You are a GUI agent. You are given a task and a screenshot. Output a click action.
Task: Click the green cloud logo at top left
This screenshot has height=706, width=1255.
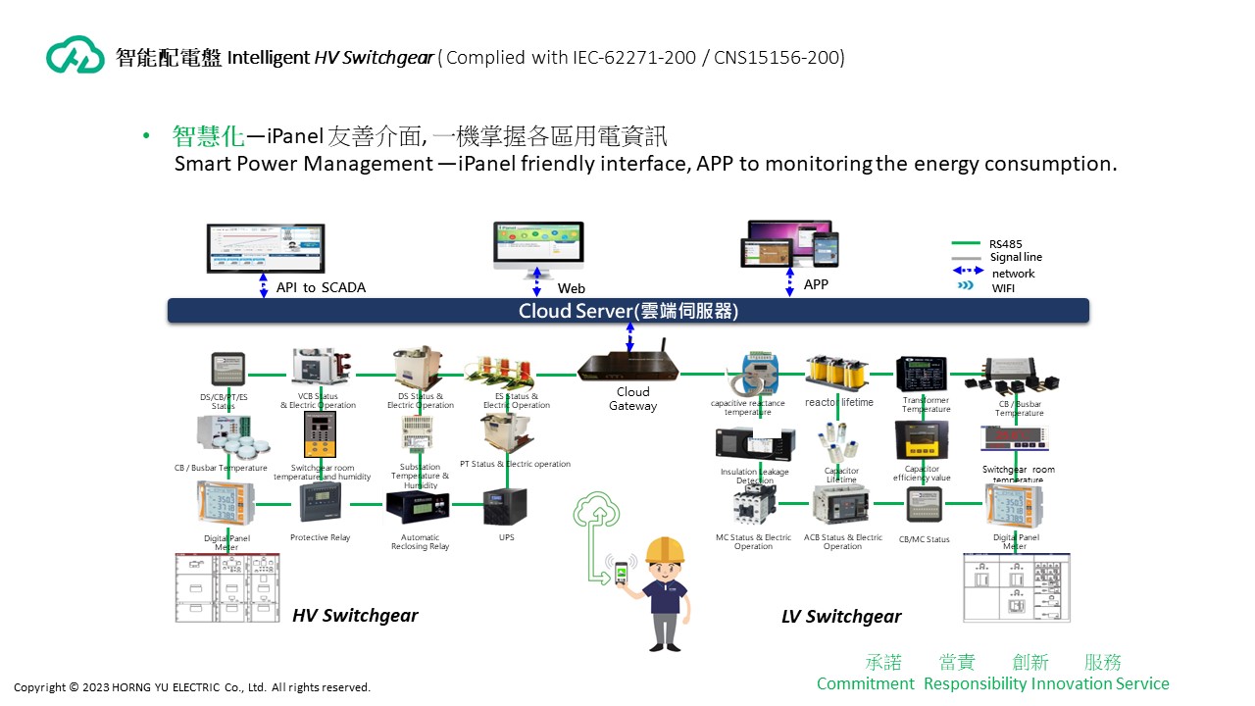pyautogui.click(x=75, y=55)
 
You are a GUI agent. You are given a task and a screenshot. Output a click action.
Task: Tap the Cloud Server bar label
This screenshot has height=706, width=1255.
pyautogui.click(x=627, y=311)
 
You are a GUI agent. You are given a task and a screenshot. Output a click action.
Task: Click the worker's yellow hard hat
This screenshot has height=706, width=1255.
pyautogui.click(x=664, y=549)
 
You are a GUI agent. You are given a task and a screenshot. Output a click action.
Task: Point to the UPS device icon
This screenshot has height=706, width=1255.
pyautogui.click(x=506, y=507)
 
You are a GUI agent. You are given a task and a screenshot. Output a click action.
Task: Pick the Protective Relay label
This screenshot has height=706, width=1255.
pyautogui.click(x=320, y=537)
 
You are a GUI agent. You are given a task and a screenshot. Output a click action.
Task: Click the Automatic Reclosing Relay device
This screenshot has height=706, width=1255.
pyautogui.click(x=418, y=506)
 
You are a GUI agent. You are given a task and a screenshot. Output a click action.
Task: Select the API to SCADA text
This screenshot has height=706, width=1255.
pyautogui.click(x=321, y=287)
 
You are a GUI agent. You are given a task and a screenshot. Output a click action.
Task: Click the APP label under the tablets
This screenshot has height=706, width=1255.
pyautogui.click(x=816, y=284)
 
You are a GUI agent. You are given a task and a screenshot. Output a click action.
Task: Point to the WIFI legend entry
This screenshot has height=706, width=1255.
pyautogui.click(x=1003, y=287)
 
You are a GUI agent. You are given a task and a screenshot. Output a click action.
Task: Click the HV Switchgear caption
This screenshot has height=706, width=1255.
pyautogui.click(x=355, y=616)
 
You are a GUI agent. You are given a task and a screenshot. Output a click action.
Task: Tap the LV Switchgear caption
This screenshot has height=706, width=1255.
pyautogui.click(x=841, y=617)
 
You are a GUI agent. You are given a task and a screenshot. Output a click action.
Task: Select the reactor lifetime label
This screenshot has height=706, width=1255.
pyautogui.click(x=839, y=403)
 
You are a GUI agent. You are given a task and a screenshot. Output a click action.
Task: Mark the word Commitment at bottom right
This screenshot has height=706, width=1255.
pyautogui.click(x=865, y=683)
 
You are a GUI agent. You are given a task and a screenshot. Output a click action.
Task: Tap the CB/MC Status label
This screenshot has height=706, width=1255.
pyautogui.click(x=924, y=539)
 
